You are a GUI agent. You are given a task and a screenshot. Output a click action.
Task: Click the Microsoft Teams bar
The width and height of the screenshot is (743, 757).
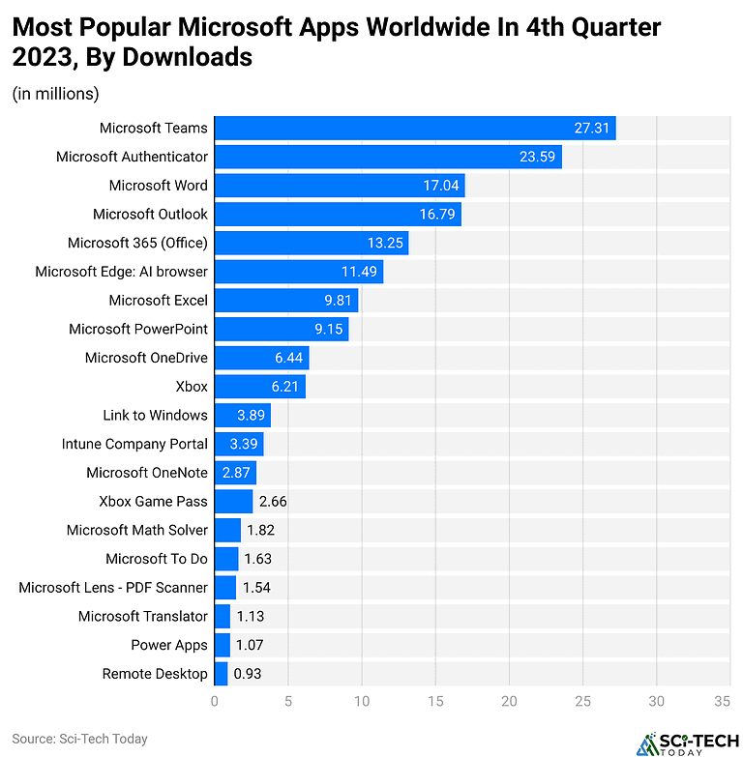point(414,128)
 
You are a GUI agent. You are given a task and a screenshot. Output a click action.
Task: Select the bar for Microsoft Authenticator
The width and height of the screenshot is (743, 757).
point(387,157)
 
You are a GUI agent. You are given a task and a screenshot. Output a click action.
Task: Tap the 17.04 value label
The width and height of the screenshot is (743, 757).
point(438,186)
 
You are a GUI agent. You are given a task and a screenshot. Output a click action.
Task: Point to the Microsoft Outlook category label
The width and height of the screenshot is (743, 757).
point(150,214)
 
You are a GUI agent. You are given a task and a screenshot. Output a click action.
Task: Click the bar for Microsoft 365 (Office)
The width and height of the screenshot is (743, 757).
point(311,243)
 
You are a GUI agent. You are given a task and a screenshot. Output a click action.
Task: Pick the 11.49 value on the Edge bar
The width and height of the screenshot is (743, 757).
point(356,272)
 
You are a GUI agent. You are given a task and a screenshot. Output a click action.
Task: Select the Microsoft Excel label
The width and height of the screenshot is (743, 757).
point(158,301)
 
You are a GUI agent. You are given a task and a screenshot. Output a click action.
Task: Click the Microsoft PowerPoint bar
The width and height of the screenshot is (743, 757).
point(281,329)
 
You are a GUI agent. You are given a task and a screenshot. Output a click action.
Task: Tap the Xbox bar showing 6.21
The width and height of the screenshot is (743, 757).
point(259,387)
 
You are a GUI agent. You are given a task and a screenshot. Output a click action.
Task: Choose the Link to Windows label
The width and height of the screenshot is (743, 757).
point(155,415)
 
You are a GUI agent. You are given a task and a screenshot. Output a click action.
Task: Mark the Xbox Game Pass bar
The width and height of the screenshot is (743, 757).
point(233,501)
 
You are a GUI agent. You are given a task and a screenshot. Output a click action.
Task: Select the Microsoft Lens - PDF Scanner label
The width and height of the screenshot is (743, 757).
point(113,587)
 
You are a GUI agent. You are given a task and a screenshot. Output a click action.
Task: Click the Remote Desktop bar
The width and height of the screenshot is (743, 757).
point(221,674)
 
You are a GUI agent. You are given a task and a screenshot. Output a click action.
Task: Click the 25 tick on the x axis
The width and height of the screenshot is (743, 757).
point(583,701)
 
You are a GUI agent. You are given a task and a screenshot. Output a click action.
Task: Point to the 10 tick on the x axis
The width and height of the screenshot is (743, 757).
point(362,701)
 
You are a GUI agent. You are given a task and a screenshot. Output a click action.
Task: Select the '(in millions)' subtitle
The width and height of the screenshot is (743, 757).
point(55,94)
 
